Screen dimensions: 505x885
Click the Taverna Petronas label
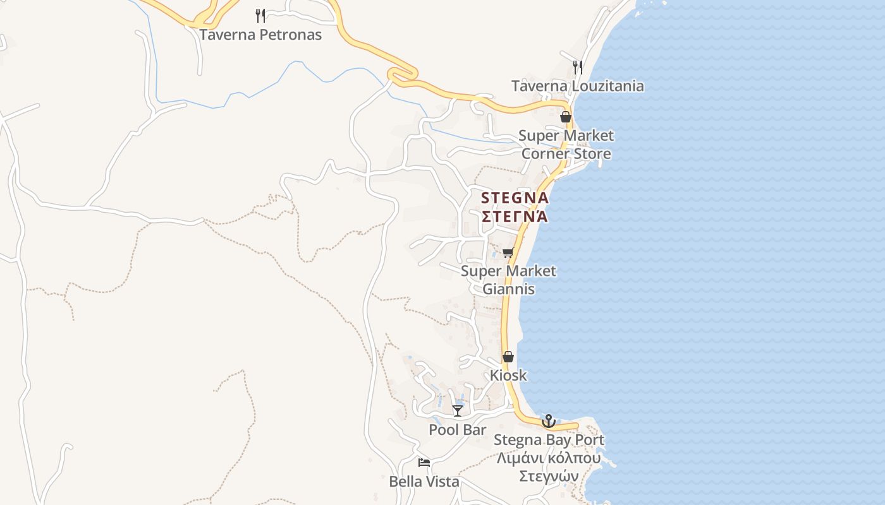pyautogui.click(x=260, y=35)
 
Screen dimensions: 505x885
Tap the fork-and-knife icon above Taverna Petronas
pyautogui.click(x=260, y=15)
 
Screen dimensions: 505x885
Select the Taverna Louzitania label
pyautogui.click(x=577, y=86)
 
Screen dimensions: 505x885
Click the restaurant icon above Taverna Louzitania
pyautogui.click(x=577, y=67)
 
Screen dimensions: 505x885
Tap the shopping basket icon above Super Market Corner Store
pyautogui.click(x=566, y=117)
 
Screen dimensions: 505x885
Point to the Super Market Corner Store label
pyautogui.click(x=566, y=145)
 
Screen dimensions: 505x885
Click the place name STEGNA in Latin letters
pyautogui.click(x=515, y=198)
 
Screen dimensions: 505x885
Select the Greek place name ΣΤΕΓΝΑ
pyautogui.click(x=515, y=217)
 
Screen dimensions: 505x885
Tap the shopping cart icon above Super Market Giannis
pyautogui.click(x=508, y=253)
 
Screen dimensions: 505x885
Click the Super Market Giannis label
pyautogui.click(x=508, y=280)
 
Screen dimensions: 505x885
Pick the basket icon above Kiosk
pyautogui.click(x=508, y=357)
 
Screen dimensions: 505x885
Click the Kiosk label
pyautogui.click(x=508, y=375)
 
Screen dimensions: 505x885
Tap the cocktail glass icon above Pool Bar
pyautogui.click(x=458, y=411)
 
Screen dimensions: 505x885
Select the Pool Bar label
pyautogui.click(x=458, y=430)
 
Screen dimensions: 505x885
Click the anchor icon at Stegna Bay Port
pyautogui.click(x=549, y=421)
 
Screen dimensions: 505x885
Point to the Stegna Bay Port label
pyautogui.click(x=549, y=440)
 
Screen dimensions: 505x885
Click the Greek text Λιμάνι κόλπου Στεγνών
pyautogui.click(x=549, y=466)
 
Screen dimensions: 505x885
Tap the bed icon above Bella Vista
pyautogui.click(x=424, y=463)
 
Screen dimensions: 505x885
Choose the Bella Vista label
pyautogui.click(x=424, y=482)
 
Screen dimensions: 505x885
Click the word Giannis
pyautogui.click(x=508, y=289)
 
